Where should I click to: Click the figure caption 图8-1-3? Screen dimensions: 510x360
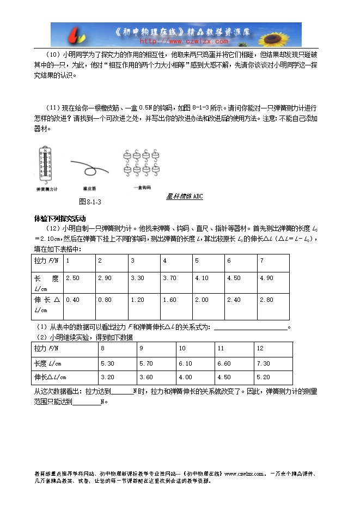[x=90, y=202]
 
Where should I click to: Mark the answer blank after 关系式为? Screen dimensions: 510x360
[x=251, y=327]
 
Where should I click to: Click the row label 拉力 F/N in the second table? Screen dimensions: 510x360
[x=46, y=348]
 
